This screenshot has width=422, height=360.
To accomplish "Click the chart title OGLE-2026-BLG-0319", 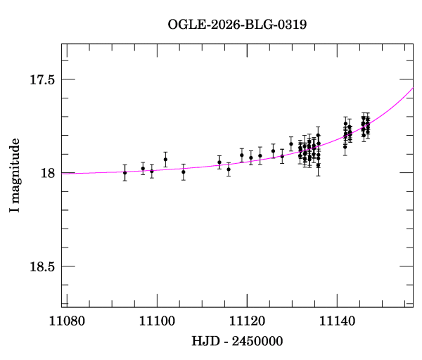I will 237,24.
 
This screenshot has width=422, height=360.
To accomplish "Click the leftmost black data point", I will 125,172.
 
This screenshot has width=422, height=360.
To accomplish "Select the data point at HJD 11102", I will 165,160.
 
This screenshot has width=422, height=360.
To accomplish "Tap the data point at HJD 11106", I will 184,172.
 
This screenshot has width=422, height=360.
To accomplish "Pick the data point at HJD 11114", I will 219,162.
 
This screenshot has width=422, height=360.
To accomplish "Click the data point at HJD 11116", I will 229,169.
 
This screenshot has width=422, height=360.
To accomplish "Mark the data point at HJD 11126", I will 274,151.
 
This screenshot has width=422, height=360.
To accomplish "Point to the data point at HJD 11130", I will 291,144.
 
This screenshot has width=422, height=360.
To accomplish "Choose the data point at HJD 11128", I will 282,156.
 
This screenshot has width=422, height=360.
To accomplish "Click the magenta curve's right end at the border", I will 412,88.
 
